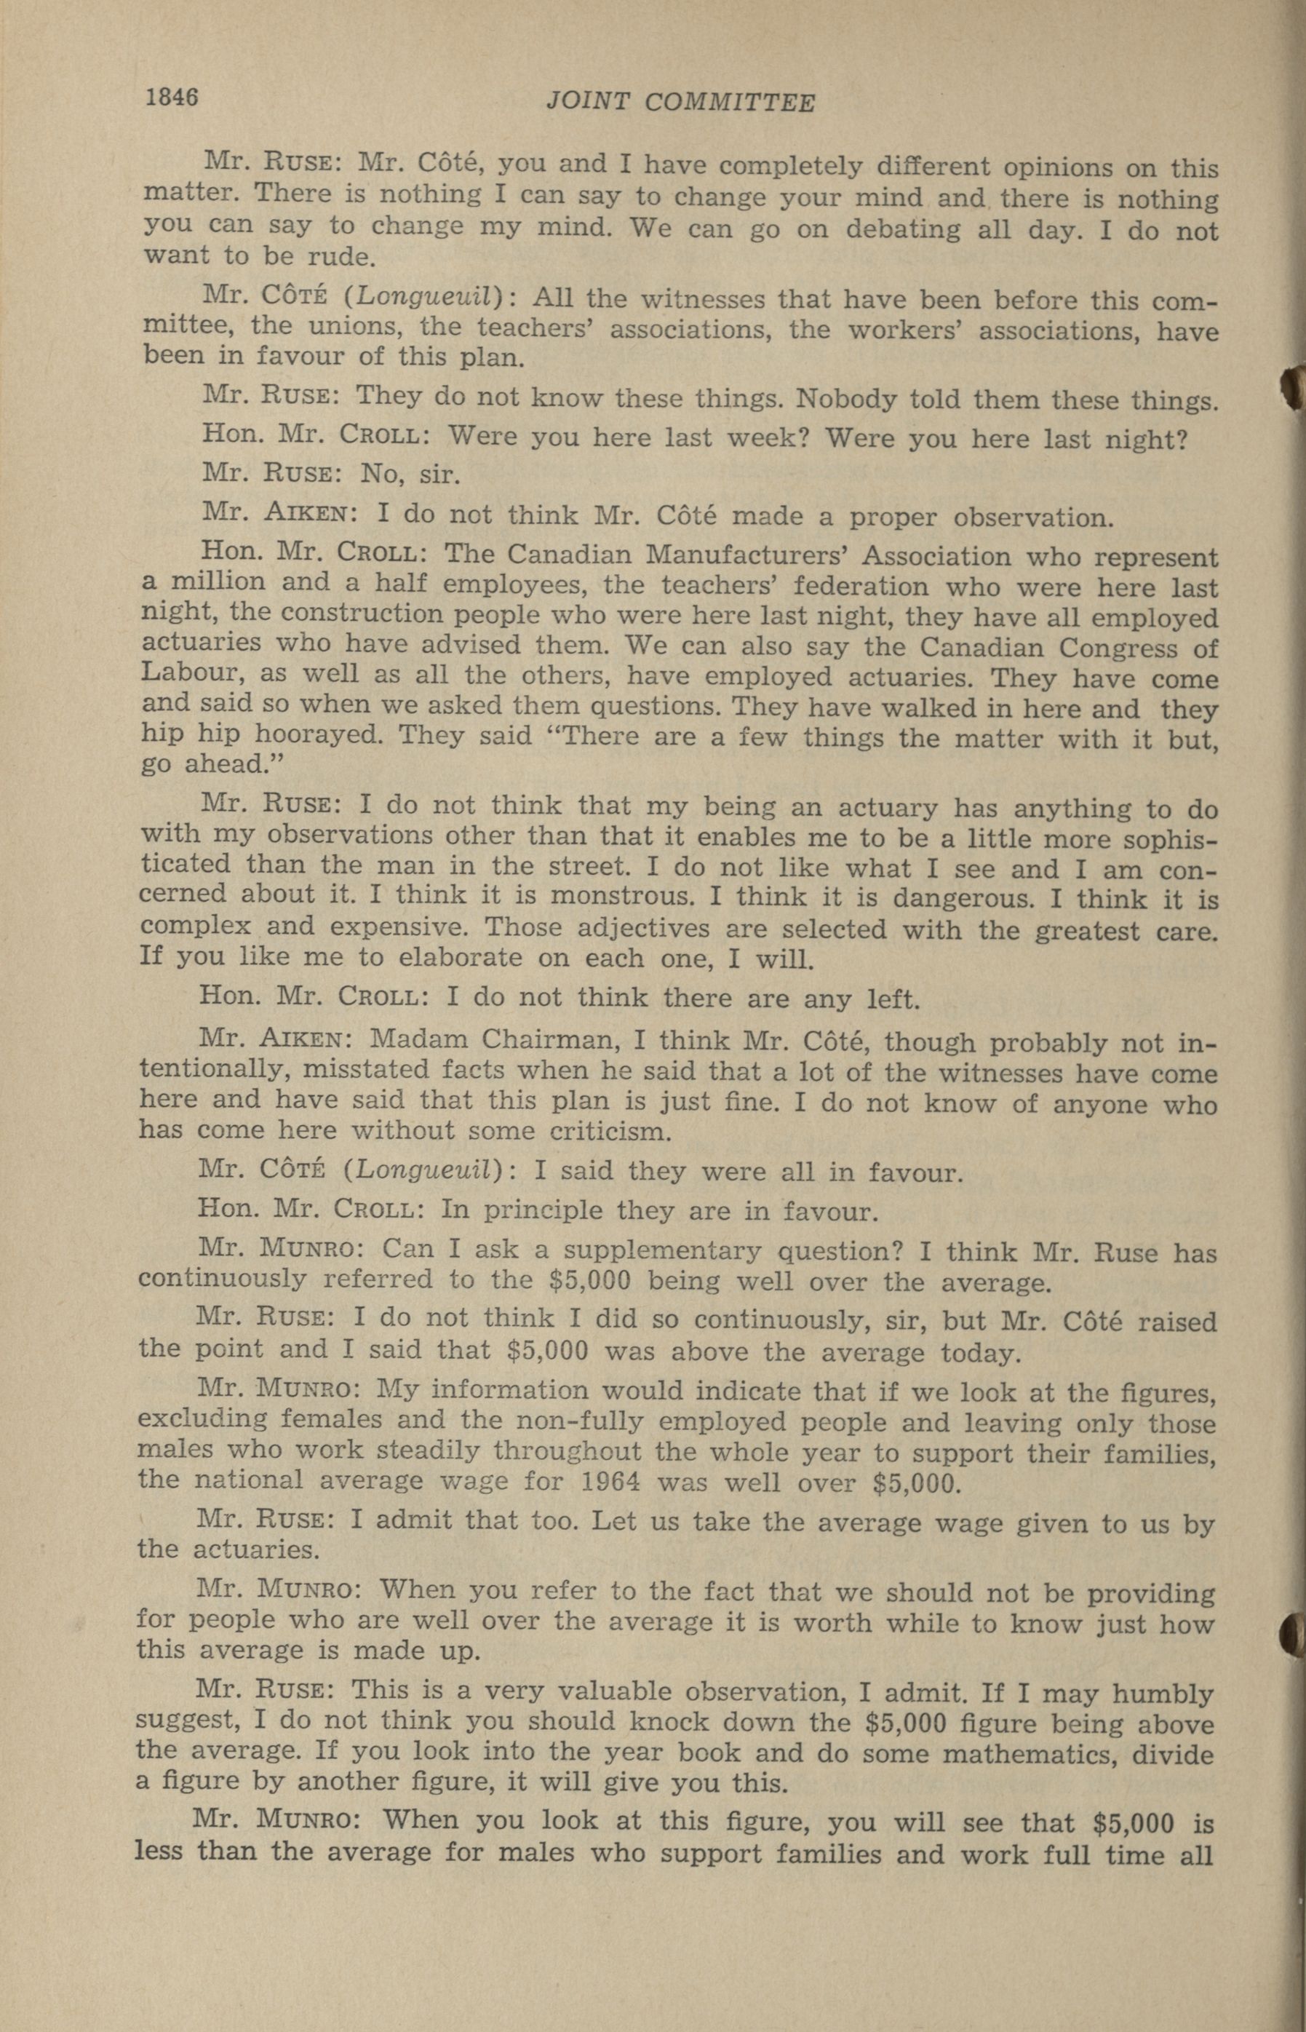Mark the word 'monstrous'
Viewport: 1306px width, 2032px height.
click(x=620, y=896)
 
